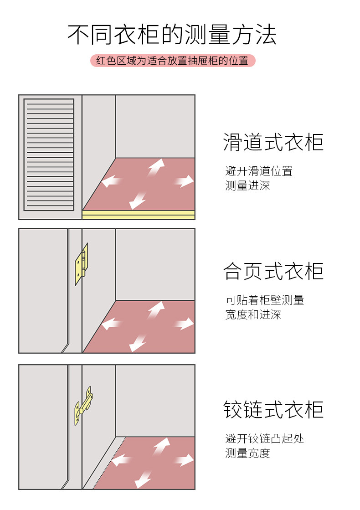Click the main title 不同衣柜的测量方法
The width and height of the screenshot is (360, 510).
(x=172, y=35)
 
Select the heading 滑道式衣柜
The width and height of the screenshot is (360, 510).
(x=273, y=142)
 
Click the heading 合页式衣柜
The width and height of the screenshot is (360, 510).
(x=273, y=272)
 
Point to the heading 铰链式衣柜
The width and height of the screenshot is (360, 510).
(x=273, y=409)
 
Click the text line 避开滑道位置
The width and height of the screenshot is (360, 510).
(x=258, y=171)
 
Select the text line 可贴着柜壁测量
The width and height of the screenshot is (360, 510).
(x=264, y=300)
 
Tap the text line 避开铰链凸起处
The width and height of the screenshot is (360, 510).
(x=264, y=438)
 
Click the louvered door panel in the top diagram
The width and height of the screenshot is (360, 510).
(x=49, y=155)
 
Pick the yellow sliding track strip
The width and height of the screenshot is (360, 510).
(x=139, y=215)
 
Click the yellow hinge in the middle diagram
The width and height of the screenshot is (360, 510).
(x=82, y=264)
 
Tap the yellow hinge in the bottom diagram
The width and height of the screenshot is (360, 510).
(x=83, y=406)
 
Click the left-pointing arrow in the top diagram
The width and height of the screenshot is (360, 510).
(x=112, y=181)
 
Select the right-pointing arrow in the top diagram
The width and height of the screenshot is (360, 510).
(x=184, y=181)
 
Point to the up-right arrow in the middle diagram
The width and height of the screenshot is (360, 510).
(x=156, y=310)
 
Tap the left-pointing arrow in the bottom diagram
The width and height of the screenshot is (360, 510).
(x=121, y=460)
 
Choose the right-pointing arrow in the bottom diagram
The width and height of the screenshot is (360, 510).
(x=184, y=460)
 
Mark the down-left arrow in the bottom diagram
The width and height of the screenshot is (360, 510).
(x=144, y=479)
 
